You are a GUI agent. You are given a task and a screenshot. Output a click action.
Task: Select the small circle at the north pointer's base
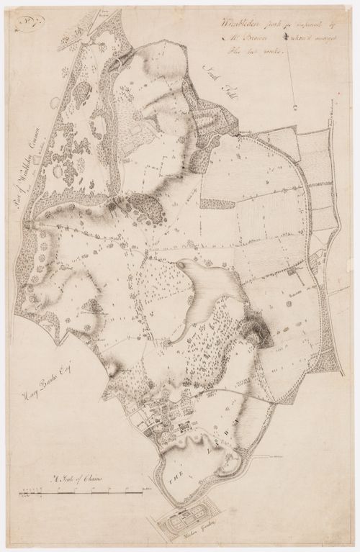point(296,105)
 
